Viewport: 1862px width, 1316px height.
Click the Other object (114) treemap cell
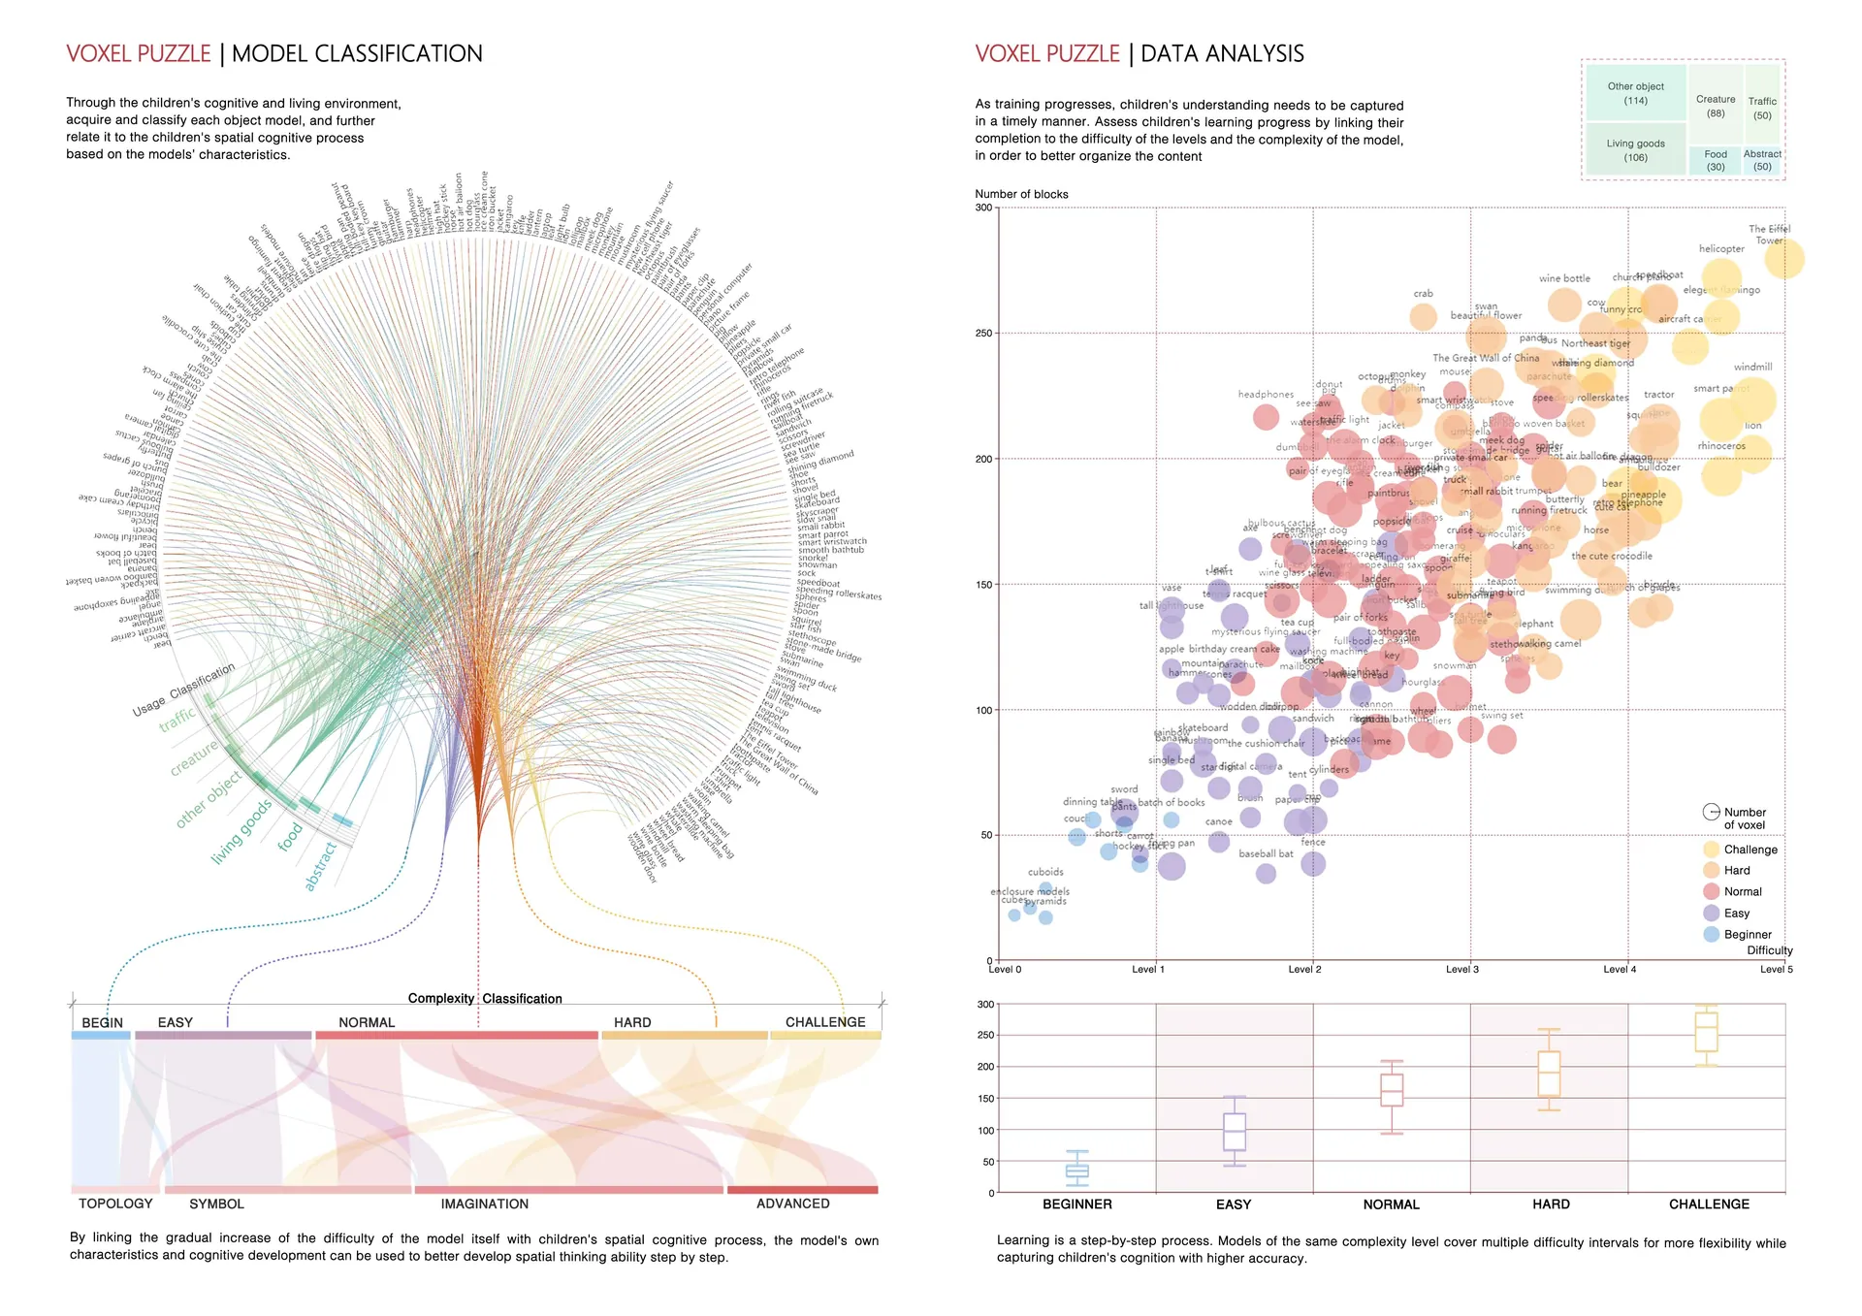(x=1635, y=93)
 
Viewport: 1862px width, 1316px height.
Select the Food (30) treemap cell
(x=1716, y=160)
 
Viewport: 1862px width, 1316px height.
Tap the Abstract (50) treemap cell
(x=1762, y=160)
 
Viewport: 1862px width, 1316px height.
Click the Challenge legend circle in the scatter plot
(x=1712, y=850)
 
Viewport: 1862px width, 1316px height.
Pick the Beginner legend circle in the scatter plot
(x=1712, y=934)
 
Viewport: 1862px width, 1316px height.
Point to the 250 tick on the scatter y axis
(x=983, y=333)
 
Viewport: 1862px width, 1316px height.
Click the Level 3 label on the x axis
(x=1462, y=969)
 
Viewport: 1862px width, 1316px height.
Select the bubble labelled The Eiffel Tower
(x=1783, y=259)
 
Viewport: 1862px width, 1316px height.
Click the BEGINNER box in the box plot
(x=1077, y=1171)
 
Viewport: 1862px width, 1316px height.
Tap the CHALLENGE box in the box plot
(x=1707, y=1032)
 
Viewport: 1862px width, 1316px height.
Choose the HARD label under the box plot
(x=1551, y=1204)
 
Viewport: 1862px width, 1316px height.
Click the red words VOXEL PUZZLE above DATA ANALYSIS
(x=1047, y=53)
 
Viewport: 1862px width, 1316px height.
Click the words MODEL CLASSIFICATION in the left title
(x=357, y=53)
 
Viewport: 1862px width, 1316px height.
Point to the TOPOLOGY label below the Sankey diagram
(x=115, y=1204)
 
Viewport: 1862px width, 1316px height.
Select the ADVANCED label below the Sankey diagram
(x=792, y=1204)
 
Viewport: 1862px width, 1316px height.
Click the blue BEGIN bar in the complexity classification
(x=101, y=1036)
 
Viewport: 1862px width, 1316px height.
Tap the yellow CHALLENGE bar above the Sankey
(x=825, y=1036)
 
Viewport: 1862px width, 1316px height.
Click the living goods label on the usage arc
(x=241, y=831)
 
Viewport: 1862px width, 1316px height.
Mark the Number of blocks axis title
(x=1021, y=194)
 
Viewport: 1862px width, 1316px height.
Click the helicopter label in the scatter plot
(x=1721, y=249)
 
